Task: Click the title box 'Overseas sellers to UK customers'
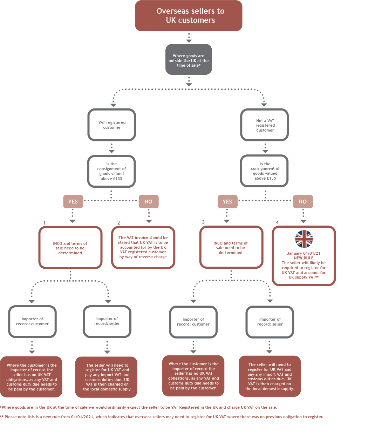tap(189, 16)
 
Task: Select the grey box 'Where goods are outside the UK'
tap(189, 60)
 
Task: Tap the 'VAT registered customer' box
tap(111, 125)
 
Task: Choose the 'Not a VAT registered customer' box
tap(265, 125)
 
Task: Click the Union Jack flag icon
tap(304, 239)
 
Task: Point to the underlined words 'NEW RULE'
tap(304, 258)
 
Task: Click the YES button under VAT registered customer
tap(73, 202)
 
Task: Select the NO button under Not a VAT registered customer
tap(303, 202)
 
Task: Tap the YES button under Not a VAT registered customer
tap(227, 202)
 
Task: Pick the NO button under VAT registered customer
tap(149, 202)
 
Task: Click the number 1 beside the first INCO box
tap(45, 223)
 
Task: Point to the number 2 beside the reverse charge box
tap(118, 223)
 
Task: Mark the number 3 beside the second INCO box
tap(203, 222)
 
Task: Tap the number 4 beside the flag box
tap(277, 222)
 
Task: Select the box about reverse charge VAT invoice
tap(143, 247)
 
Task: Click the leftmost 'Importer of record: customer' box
tap(32, 322)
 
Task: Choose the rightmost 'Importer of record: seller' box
tap(270, 322)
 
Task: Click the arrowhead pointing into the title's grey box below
tap(189, 41)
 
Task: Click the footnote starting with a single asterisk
tap(139, 407)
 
